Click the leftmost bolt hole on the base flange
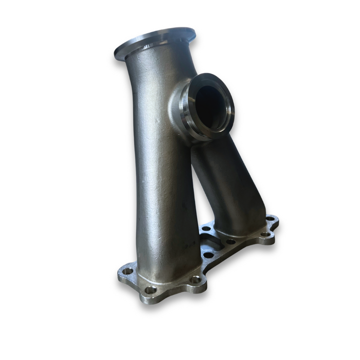coord(127,271)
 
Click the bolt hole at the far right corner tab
coord(270,219)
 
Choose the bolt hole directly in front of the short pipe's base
coord(230,241)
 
